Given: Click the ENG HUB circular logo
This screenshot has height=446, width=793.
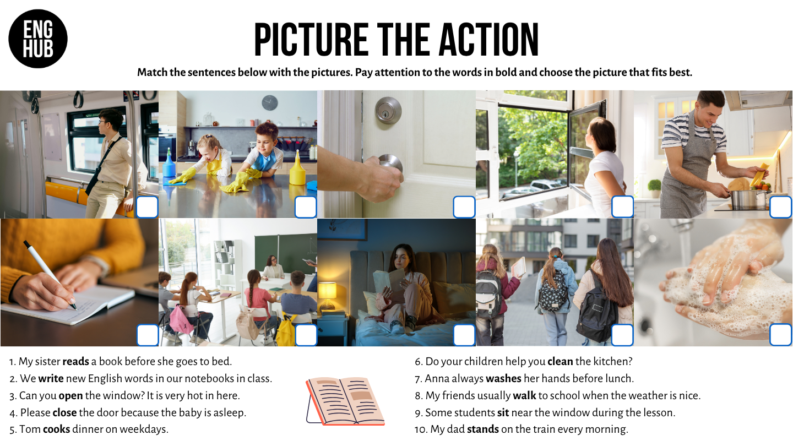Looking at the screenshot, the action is [38, 39].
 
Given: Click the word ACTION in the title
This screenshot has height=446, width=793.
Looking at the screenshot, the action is [488, 39].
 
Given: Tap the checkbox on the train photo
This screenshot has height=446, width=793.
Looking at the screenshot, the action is [147, 206].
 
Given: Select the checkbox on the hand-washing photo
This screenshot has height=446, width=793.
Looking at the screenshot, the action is [781, 335].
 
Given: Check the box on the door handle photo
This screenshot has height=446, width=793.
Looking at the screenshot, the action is [464, 206].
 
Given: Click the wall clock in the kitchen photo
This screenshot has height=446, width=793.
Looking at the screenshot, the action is [270, 102].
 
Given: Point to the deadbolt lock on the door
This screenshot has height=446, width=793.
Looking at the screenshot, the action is [388, 110].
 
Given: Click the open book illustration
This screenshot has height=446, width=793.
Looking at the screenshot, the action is [345, 401].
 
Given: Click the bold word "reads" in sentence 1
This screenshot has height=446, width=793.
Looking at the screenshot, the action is [75, 361].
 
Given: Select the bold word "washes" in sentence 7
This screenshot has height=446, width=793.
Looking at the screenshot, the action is [503, 378].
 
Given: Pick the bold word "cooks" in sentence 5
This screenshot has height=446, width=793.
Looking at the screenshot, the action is [56, 429].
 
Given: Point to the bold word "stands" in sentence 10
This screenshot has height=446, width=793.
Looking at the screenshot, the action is [483, 429].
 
